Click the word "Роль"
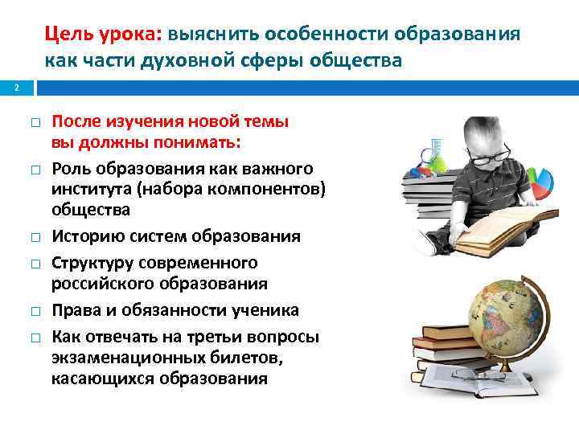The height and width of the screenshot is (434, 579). coord(71,168)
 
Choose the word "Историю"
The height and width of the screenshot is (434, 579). coord(87,237)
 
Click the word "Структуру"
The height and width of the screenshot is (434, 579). coord(92,263)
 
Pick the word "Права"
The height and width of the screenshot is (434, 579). coord(75,310)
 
